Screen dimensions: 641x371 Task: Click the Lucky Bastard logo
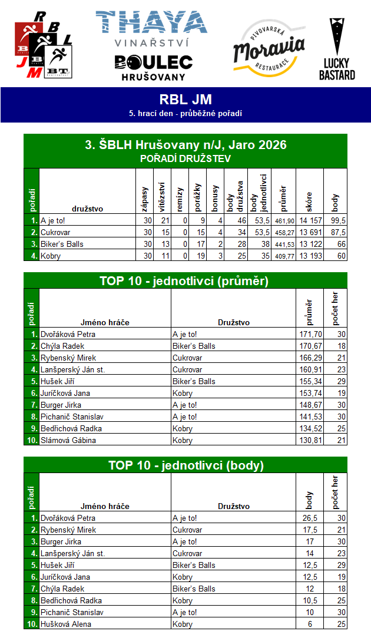coord(337,49)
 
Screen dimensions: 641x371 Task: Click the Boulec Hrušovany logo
coord(153,67)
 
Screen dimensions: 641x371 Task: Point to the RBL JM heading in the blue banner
coord(185,100)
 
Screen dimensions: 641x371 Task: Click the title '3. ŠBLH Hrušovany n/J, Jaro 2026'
coord(185,144)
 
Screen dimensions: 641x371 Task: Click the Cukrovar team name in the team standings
coord(54,232)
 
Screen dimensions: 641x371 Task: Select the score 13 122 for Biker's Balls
coord(309,244)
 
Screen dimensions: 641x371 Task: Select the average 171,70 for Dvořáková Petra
coord(310,334)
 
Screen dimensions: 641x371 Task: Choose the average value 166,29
coord(310,358)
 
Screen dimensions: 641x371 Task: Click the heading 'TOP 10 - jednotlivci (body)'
coord(185,465)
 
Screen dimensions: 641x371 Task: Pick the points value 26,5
coord(310,518)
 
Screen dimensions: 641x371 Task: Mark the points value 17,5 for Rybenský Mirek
coord(310,530)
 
